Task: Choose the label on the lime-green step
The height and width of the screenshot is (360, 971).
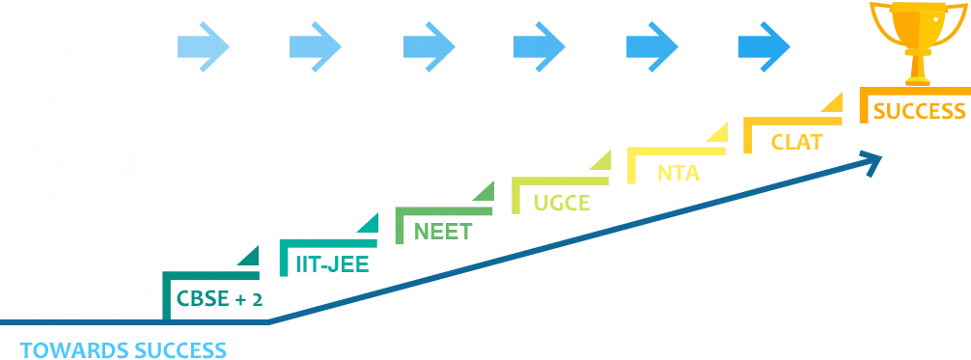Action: [563, 203]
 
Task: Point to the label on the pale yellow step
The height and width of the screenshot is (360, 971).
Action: [679, 173]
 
